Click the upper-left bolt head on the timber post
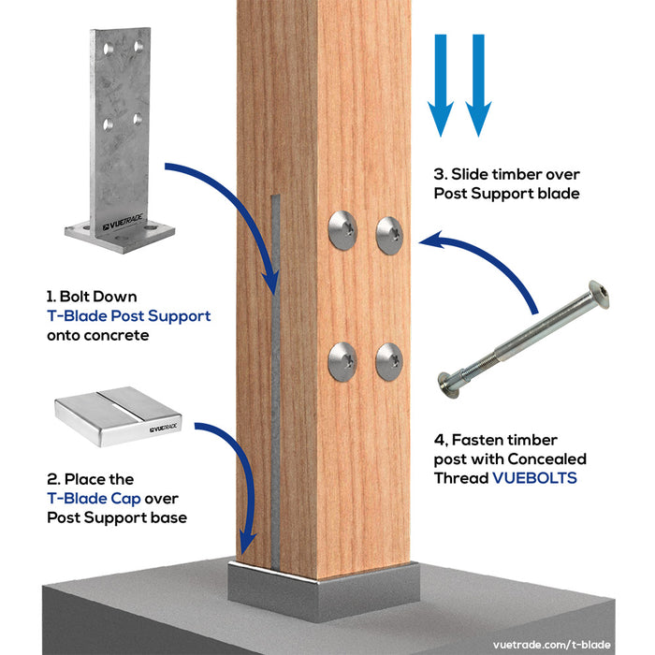342,230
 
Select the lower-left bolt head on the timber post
342,361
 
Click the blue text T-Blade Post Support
128,315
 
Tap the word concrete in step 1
125,334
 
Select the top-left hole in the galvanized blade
109,46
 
